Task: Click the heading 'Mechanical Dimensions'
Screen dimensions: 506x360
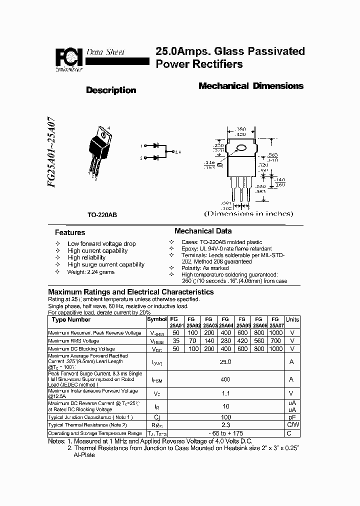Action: (x=250, y=86)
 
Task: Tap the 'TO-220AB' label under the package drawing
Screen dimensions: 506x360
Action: (x=102, y=214)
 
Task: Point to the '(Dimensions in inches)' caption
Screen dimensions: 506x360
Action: (x=248, y=213)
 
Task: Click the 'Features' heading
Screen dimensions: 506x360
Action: (x=69, y=232)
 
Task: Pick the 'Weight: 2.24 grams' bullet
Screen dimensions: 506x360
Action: (x=91, y=272)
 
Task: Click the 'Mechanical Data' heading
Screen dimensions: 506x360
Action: (x=202, y=231)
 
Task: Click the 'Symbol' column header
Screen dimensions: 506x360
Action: (x=157, y=319)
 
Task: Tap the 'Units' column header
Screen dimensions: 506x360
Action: (x=292, y=319)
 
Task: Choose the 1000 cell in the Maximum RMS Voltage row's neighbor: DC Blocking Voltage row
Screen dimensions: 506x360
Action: (x=275, y=349)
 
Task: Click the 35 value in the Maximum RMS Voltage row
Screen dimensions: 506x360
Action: (x=176, y=341)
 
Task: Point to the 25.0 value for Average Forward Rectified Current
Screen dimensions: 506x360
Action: (x=226, y=361)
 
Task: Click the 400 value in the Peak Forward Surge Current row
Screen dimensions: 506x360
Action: (x=226, y=380)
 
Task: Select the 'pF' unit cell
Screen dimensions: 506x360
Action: (x=292, y=417)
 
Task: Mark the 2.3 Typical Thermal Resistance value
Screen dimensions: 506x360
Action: (x=226, y=425)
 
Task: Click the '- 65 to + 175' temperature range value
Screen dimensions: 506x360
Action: (x=226, y=433)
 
